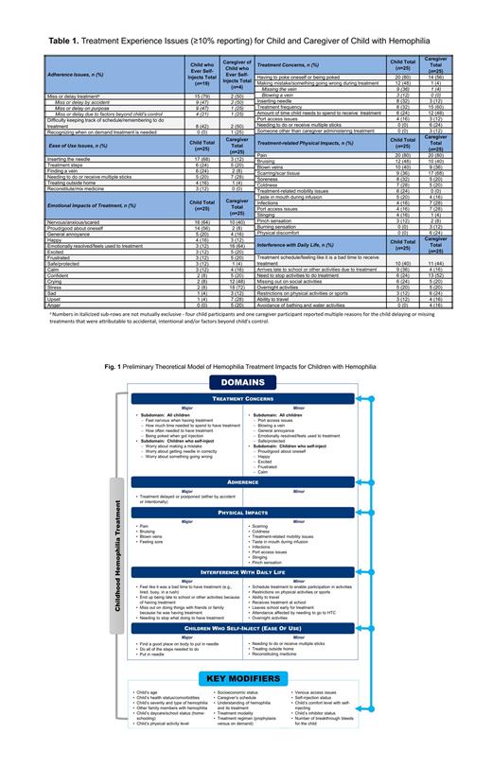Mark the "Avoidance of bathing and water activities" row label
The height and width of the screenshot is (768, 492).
[312, 305]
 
